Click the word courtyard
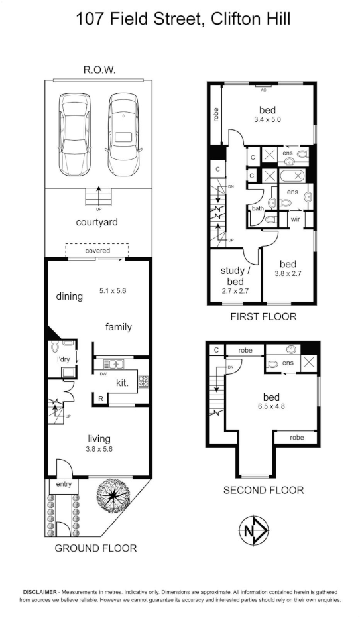(97, 222)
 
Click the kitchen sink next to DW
(113, 363)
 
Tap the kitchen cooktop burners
(142, 381)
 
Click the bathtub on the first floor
(292, 176)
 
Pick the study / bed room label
(234, 275)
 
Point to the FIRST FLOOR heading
(263, 316)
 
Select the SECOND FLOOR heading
(263, 490)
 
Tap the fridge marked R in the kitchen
(99, 399)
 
